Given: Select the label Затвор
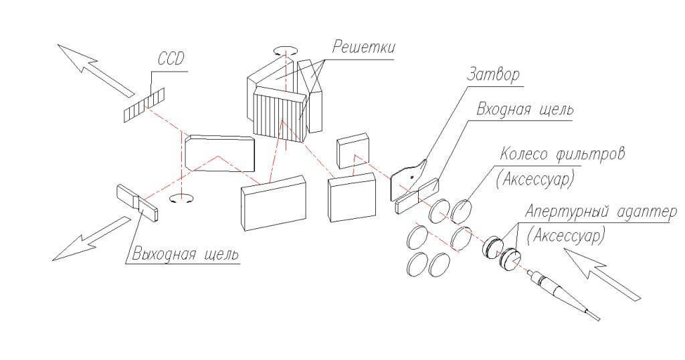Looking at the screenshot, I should pyautogui.click(x=496, y=75).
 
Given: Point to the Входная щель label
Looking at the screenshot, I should pyautogui.click(x=524, y=110).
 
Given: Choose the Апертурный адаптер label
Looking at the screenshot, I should pyautogui.click(x=601, y=212).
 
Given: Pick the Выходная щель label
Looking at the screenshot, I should pyautogui.click(x=185, y=255).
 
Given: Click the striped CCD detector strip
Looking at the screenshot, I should pyautogui.click(x=144, y=106).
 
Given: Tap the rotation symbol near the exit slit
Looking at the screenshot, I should pyautogui.click(x=178, y=199).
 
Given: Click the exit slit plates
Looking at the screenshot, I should pyautogui.click(x=138, y=201).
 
